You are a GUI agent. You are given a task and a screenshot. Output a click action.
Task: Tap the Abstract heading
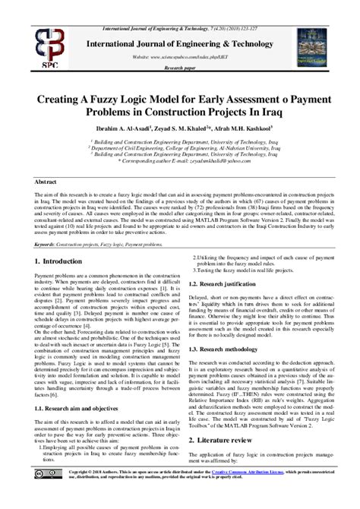click(48, 183)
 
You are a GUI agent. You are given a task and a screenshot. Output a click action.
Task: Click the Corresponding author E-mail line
click(182, 162)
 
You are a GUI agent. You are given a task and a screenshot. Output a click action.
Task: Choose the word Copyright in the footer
click(80, 492)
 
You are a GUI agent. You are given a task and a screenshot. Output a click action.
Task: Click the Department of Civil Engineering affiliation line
click(182, 147)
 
